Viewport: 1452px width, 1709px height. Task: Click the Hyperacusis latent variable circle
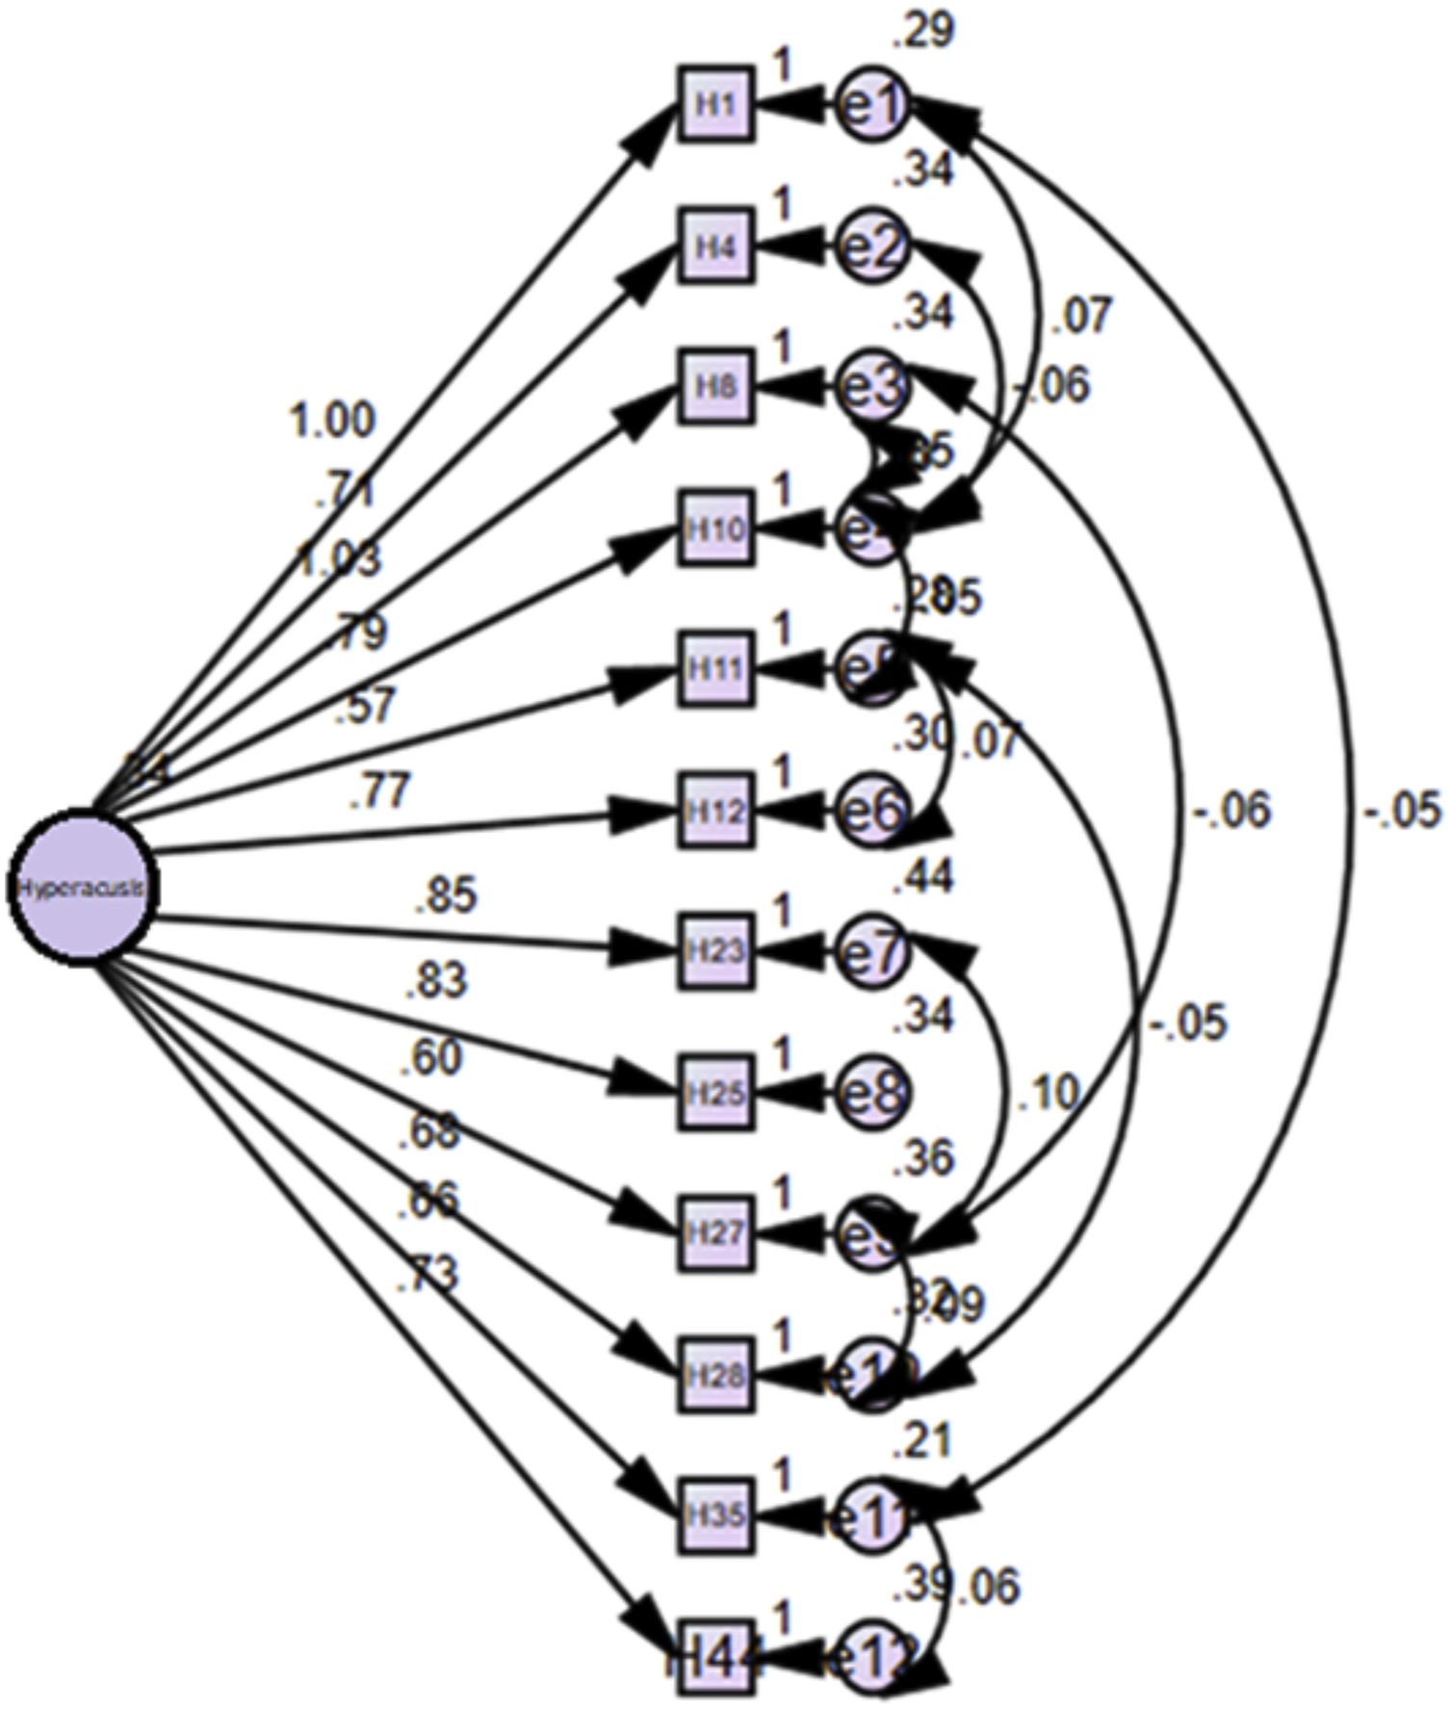[x=82, y=887]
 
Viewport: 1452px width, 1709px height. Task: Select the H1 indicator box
[x=715, y=104]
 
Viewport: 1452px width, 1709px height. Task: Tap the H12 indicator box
[x=715, y=810]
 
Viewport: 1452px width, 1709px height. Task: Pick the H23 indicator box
[x=715, y=951]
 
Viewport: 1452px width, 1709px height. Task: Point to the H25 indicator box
[x=715, y=1093]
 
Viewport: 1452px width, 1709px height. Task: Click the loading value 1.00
[x=333, y=421]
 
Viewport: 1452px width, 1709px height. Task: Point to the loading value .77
[x=380, y=792]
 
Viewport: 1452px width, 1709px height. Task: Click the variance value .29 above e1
[x=922, y=31]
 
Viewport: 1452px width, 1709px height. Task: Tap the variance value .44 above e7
[x=922, y=877]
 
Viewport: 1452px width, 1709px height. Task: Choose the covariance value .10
[x=1048, y=1094]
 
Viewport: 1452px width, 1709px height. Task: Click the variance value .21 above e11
[x=922, y=1441]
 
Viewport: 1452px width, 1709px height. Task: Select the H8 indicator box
[x=715, y=387]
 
